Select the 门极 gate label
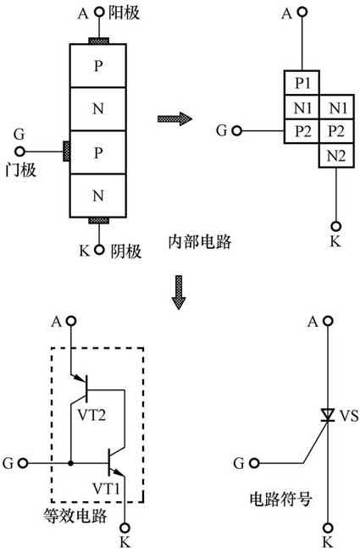click(19, 170)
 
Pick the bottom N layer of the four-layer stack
click(97, 196)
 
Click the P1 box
click(302, 83)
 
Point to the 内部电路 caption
click(196, 241)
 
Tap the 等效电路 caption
click(74, 516)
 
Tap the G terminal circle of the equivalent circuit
click(23, 463)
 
